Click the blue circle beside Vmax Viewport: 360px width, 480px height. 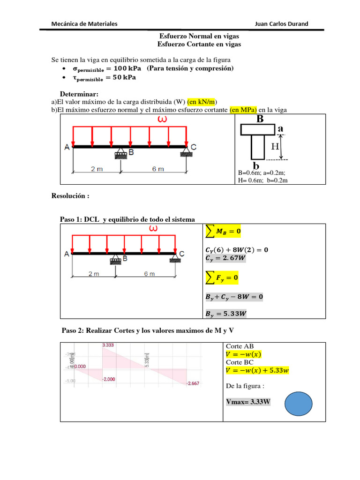(x=298, y=402)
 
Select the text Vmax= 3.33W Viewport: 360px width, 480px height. (x=248, y=402)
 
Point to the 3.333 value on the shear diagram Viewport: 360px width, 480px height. (x=108, y=345)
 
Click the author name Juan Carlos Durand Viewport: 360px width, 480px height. (x=281, y=24)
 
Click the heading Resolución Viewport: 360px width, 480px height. (x=70, y=196)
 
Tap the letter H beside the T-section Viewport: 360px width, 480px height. (x=275, y=147)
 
